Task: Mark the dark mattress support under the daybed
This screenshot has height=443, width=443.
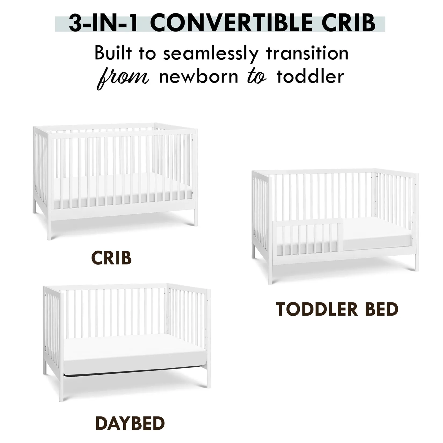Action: tap(134, 373)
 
